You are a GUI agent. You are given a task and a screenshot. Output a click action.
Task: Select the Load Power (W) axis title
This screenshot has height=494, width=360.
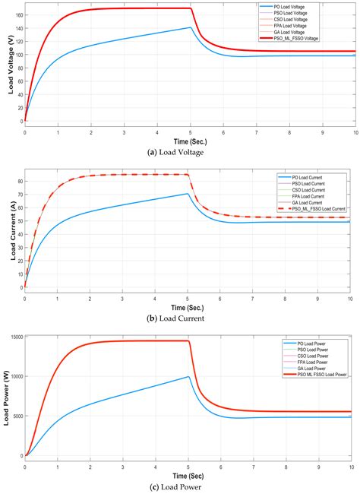point(8,397)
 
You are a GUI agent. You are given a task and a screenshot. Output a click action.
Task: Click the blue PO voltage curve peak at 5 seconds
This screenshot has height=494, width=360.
point(189,27)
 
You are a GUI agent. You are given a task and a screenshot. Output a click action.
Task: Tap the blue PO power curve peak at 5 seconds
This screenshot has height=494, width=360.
point(189,376)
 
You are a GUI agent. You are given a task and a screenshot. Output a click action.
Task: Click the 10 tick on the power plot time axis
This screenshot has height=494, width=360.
point(352,463)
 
